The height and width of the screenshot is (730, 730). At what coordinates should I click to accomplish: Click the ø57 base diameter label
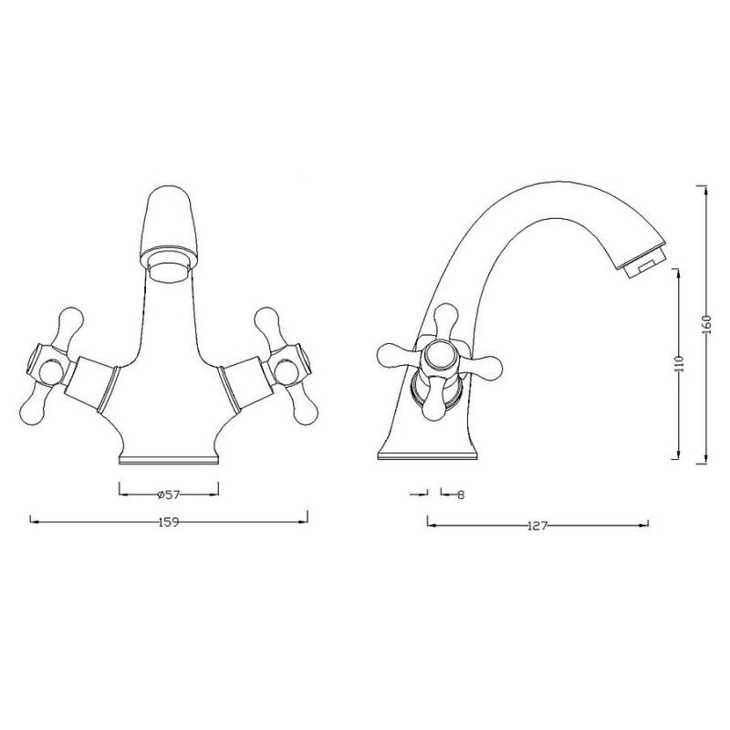coord(169,495)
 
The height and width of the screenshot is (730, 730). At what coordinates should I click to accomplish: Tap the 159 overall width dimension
coord(169,522)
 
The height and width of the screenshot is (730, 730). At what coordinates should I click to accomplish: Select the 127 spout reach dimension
coord(537,526)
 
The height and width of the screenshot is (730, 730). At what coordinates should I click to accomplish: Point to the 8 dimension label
coord(461,495)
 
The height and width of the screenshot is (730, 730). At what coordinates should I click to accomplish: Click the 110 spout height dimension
coord(678,363)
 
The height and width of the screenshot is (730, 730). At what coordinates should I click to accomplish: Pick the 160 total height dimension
coord(706,324)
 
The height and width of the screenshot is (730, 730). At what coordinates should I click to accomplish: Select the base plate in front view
coord(169,460)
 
